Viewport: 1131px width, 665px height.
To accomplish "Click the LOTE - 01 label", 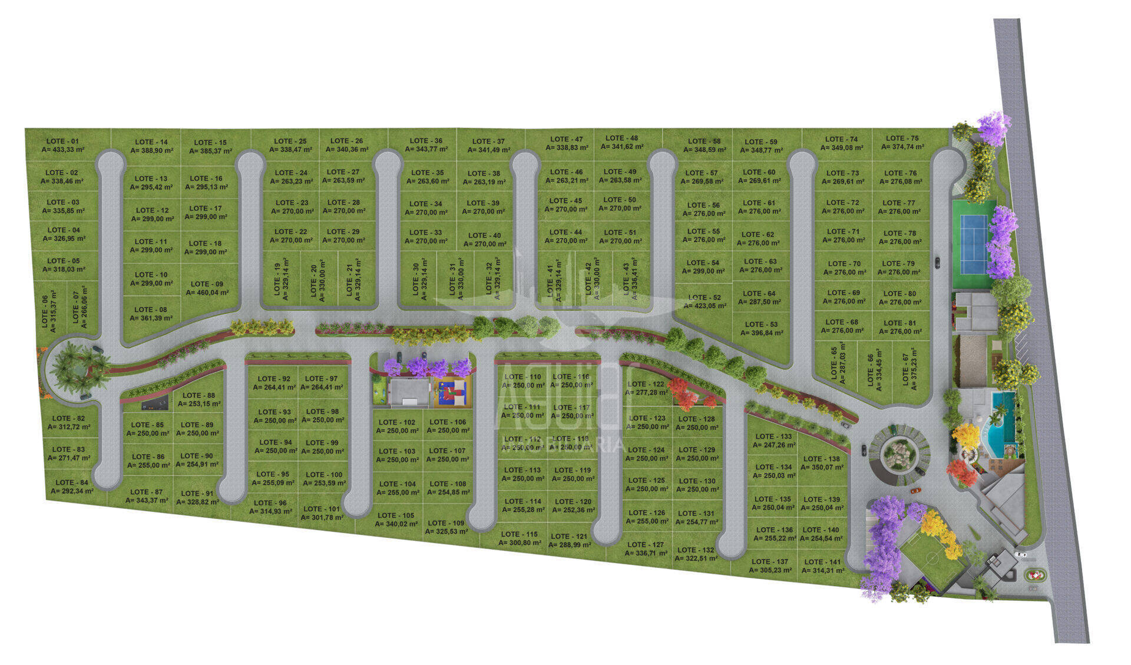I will [x=62, y=141].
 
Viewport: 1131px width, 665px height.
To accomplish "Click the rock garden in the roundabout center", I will [x=899, y=454].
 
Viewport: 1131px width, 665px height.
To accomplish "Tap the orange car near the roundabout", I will [x=915, y=490].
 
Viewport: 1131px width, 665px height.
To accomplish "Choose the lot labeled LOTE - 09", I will [x=207, y=284].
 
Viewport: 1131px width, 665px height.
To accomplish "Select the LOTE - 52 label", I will [x=705, y=297].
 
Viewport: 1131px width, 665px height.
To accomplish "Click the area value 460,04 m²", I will [x=207, y=292].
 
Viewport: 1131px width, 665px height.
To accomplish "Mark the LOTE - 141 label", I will [x=822, y=562].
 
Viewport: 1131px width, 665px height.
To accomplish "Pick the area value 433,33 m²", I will [x=62, y=150].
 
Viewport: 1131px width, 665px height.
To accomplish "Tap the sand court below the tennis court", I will [x=973, y=360].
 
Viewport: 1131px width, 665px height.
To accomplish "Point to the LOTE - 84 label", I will [x=72, y=482].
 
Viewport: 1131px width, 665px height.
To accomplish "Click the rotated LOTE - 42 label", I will [x=588, y=280].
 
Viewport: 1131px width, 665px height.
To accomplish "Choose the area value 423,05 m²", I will [x=705, y=306].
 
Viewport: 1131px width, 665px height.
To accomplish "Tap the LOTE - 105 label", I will [x=396, y=515].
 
